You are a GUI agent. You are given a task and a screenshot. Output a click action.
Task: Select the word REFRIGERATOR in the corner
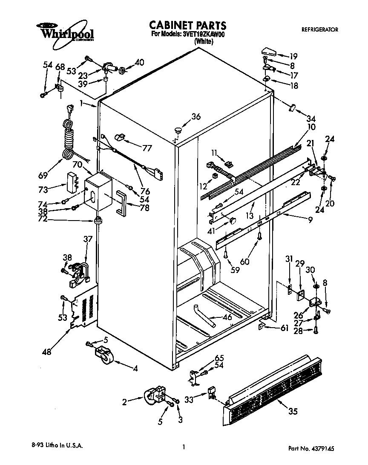pos(319,30)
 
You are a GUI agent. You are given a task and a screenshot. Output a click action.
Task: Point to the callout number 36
pos(195,116)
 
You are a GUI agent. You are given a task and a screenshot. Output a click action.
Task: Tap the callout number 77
pos(147,148)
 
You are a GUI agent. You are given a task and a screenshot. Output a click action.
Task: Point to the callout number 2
pos(125,401)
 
